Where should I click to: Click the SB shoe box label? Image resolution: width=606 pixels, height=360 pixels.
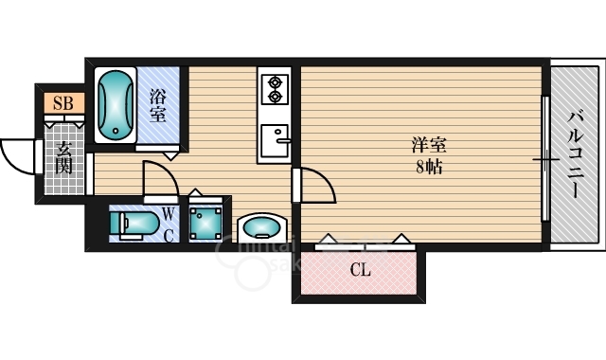63,103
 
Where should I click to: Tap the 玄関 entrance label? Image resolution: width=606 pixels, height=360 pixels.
64,158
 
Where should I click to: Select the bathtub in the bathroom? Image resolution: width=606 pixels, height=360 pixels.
116,105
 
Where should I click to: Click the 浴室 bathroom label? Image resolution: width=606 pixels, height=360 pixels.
158,106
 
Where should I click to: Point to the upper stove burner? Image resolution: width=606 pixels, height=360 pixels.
276,82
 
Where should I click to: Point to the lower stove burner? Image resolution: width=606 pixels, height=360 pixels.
276,97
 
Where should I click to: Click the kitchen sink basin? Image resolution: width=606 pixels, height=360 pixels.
275,140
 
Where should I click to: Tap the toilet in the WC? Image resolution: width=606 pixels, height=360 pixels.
134,224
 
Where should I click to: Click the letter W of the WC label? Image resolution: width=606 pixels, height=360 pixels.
168,213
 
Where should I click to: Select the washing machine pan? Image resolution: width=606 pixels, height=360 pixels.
205,224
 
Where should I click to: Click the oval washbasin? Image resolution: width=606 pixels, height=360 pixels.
262,227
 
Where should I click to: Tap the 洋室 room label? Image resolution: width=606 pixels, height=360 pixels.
429,146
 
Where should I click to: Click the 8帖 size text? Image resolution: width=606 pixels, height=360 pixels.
429,167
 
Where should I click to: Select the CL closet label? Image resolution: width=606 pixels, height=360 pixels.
360,270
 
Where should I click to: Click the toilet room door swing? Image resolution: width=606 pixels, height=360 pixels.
169,172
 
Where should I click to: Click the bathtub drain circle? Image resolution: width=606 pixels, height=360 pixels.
116,131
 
